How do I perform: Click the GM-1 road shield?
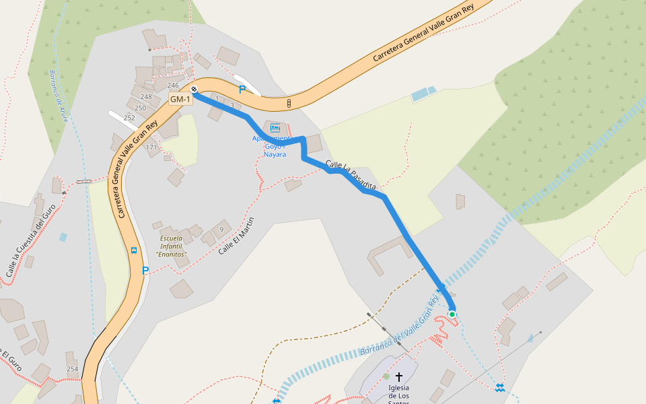(x=180, y=100)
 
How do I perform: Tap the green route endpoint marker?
(x=452, y=314)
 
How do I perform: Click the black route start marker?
(x=194, y=89)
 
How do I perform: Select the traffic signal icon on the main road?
(x=289, y=103)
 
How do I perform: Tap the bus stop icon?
(x=134, y=250)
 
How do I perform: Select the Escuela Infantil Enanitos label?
(x=171, y=246)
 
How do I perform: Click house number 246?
(x=173, y=86)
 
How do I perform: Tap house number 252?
(x=129, y=118)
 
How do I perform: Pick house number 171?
(x=151, y=147)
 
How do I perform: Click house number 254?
(x=73, y=369)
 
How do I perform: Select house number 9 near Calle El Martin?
(x=221, y=230)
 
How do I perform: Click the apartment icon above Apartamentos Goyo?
(x=275, y=127)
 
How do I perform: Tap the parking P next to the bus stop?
(x=145, y=271)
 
